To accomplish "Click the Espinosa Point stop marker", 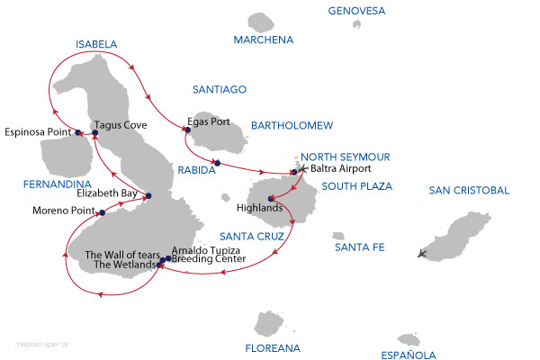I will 78,133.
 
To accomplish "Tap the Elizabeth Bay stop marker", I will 148,196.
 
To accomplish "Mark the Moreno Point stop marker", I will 103,213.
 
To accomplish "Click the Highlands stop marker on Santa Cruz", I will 270,199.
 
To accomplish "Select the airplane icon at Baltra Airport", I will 302,169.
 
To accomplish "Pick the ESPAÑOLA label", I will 409,355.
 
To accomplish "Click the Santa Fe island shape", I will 338,235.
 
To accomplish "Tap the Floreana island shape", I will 270,323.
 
